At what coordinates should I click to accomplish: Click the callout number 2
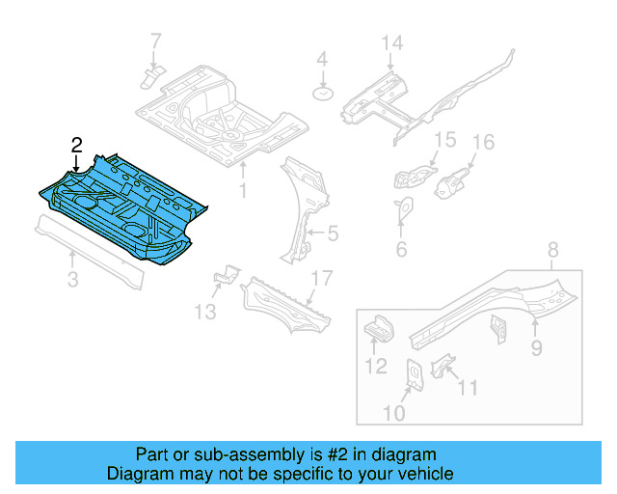click(x=77, y=146)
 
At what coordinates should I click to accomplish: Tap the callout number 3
click(x=72, y=281)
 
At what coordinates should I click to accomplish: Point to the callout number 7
click(x=155, y=41)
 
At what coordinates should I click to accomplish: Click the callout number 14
click(x=389, y=42)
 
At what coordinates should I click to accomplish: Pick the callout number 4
click(x=322, y=59)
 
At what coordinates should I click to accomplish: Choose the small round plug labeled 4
click(x=322, y=94)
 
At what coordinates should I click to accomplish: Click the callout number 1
click(x=243, y=191)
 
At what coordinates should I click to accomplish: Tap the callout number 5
click(x=333, y=233)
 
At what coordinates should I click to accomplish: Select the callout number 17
click(x=321, y=278)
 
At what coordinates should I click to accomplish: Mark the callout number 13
click(x=204, y=311)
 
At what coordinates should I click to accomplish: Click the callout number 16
click(x=482, y=143)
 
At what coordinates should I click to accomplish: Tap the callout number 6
click(x=401, y=250)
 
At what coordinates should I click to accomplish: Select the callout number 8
click(x=552, y=253)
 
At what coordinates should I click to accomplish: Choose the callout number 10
click(x=395, y=414)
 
